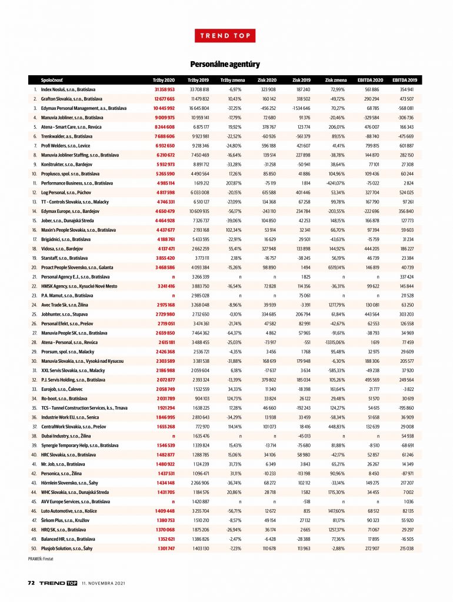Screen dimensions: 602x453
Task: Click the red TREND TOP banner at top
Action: tap(226, 35)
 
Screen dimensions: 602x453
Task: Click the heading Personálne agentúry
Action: tap(225, 63)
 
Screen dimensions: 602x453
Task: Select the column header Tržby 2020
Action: tap(164, 79)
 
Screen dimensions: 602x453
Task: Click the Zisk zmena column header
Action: tap(335, 79)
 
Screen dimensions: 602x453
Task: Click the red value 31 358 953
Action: tap(164, 89)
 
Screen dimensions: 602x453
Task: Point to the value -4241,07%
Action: tap(334, 183)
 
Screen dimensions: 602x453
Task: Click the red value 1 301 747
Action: tap(164, 548)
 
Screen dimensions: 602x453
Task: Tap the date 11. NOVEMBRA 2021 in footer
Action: tap(104, 583)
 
